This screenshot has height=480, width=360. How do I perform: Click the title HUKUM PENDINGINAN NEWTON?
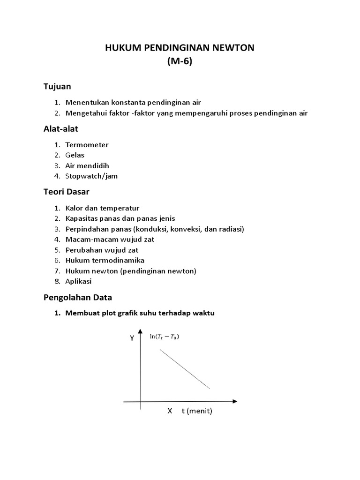(180, 48)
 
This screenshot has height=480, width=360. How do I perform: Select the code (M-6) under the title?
(180, 63)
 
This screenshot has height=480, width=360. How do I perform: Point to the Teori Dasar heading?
(66, 192)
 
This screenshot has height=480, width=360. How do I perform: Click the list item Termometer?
(87, 145)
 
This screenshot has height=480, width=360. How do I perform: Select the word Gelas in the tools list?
(75, 155)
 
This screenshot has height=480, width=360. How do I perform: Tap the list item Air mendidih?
(87, 165)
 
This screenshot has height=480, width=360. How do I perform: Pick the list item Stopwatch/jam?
(92, 176)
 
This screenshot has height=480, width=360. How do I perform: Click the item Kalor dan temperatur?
(102, 208)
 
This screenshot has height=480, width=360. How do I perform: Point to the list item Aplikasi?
(79, 281)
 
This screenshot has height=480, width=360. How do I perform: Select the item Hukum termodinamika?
(105, 260)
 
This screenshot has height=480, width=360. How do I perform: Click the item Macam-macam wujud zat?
(110, 240)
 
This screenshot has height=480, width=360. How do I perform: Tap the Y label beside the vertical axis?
(132, 338)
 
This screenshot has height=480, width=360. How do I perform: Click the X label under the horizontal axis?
(170, 411)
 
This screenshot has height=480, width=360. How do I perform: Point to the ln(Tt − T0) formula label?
(165, 337)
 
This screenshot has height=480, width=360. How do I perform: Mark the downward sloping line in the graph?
(185, 369)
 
